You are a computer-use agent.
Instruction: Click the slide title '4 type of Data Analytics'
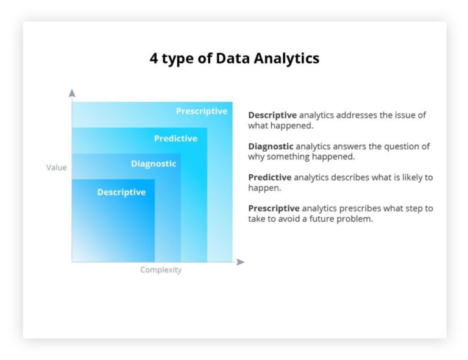tap(234, 58)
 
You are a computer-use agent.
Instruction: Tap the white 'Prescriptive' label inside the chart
tap(202, 111)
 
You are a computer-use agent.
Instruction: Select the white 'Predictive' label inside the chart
tap(175, 139)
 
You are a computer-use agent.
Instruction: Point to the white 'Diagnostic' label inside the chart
tap(154, 164)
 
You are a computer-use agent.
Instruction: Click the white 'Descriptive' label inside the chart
tap(121, 192)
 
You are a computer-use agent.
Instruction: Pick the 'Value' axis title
tap(57, 168)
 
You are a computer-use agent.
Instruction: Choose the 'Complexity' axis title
tap(161, 270)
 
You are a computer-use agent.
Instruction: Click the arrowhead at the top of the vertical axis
tap(72, 93)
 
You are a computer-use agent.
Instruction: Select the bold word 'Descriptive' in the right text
tap(272, 115)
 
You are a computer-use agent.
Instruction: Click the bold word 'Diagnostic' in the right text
tap(271, 147)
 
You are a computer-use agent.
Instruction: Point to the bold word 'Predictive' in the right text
tap(270, 178)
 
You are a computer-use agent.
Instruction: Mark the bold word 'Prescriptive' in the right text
tap(274, 209)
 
